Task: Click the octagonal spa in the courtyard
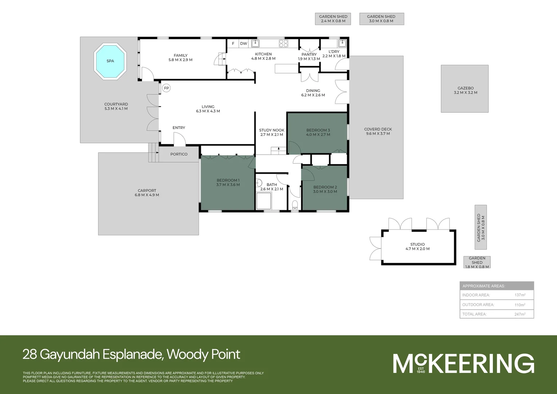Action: click(x=110, y=61)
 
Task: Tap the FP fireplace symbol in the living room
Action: click(x=167, y=88)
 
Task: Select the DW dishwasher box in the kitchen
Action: click(x=244, y=43)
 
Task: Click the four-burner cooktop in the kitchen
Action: click(x=284, y=43)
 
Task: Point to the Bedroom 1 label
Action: click(x=228, y=180)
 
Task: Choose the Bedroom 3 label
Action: click(x=318, y=130)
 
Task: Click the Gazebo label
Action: click(x=466, y=88)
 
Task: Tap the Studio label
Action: click(x=417, y=244)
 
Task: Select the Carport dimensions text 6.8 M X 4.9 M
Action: click(x=147, y=195)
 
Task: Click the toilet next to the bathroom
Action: click(x=295, y=205)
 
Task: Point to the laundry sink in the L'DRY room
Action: click(x=342, y=44)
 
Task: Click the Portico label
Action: click(x=179, y=154)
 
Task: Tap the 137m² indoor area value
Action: click(x=520, y=295)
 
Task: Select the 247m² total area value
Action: click(x=520, y=314)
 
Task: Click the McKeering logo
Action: click(x=463, y=363)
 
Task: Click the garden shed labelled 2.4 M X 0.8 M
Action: click(x=333, y=19)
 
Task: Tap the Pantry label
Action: click(x=309, y=54)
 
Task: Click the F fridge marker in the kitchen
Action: click(x=233, y=43)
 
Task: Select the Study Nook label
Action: click(x=272, y=130)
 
